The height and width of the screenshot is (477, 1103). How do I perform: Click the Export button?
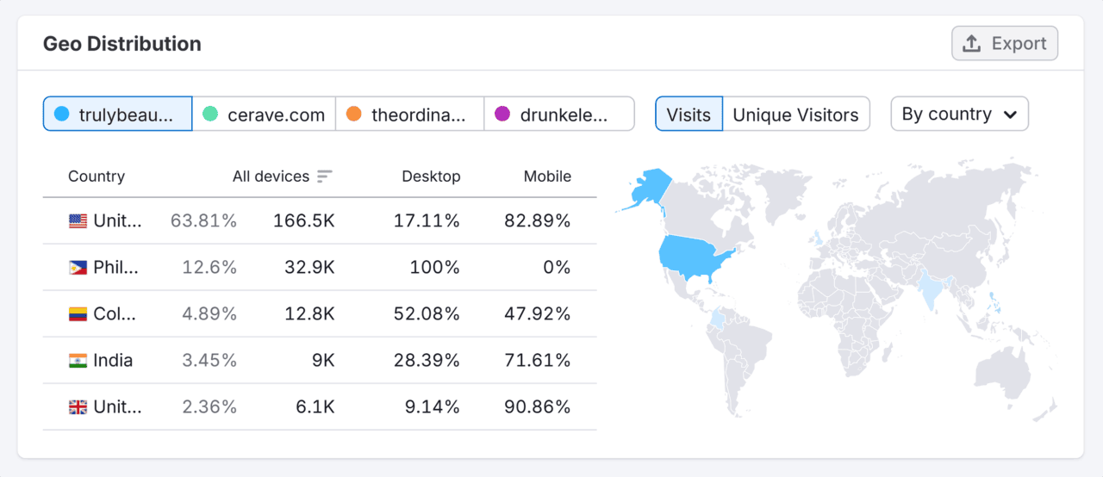1005,44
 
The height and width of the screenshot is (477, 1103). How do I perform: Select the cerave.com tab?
264,115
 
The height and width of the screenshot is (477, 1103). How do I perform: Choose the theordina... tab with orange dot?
409,115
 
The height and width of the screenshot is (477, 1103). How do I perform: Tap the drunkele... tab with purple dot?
558,115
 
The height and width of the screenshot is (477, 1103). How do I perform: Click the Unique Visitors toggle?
795,115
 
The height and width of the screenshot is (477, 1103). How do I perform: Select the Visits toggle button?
689,115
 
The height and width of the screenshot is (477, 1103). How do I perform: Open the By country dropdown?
959,115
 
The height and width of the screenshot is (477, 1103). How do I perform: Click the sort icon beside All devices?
324,177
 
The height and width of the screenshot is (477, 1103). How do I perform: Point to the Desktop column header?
431,177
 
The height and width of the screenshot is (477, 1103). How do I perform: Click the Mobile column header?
547,177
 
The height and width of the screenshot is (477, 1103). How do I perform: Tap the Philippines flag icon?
78,268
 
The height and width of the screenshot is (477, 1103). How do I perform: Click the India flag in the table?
78,361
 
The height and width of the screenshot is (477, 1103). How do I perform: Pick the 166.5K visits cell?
303,221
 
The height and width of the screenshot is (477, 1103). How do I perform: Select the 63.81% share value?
203,221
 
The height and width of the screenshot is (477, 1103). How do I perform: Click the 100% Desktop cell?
434,268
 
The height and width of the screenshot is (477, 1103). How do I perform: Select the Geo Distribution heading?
122,44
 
